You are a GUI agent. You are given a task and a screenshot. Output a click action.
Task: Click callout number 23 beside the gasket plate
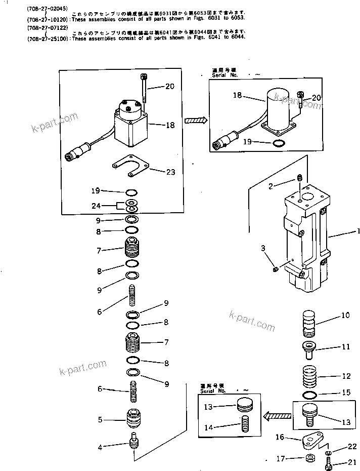170,172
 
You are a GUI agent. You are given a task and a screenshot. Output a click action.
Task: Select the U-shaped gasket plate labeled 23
131,166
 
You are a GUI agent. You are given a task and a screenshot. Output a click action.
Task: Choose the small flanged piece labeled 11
308,347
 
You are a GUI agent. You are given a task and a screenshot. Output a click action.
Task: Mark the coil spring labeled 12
309,376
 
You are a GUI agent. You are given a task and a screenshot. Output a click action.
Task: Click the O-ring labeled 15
309,394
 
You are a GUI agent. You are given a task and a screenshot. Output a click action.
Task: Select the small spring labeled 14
245,423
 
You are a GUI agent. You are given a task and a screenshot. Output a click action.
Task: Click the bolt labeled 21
329,460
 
